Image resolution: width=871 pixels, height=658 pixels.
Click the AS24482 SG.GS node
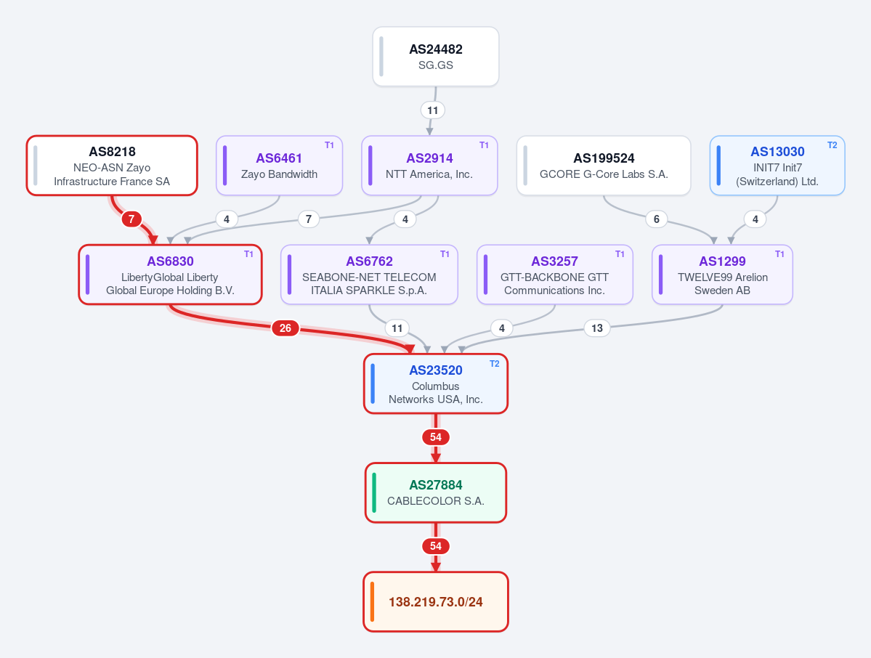point(436,57)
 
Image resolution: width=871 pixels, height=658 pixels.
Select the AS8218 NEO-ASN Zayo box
point(112,166)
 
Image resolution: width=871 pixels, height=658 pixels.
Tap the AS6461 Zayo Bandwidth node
point(279,166)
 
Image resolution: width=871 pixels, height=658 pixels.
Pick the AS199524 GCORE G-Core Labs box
point(604,166)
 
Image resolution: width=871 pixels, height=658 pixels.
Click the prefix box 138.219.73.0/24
point(436,602)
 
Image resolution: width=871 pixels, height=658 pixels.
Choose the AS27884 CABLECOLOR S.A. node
point(436,492)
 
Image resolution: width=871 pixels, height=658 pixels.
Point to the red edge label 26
point(285,328)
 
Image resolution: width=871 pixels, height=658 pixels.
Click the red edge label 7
point(131,219)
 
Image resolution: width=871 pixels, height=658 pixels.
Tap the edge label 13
point(596,328)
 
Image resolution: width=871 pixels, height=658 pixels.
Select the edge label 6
point(656,219)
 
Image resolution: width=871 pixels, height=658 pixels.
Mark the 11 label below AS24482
point(433,110)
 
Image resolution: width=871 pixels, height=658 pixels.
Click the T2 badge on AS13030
point(832,145)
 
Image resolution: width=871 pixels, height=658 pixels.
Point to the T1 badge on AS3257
point(620,254)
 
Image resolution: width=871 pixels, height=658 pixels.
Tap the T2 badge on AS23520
point(494,364)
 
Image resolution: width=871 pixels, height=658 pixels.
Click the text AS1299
point(722,261)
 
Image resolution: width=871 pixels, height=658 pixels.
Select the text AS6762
point(369,261)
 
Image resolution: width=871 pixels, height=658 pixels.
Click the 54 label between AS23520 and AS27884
point(436,437)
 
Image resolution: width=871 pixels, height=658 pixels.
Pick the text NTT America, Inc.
point(429,174)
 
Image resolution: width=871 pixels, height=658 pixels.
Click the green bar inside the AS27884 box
point(374,492)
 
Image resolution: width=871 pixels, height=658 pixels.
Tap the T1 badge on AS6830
point(248,254)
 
